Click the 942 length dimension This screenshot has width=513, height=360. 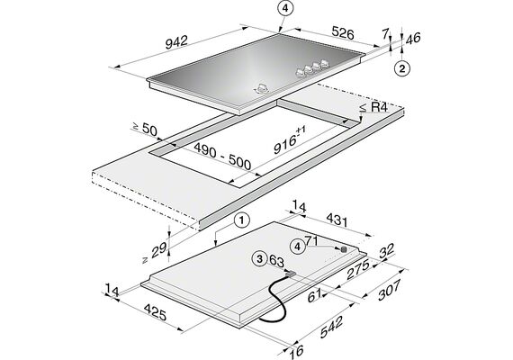176,42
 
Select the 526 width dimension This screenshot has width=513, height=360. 343,33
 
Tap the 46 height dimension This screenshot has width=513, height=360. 413,39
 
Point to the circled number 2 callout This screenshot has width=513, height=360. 402,68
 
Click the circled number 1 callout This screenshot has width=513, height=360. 241,220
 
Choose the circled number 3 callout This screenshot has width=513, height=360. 260,259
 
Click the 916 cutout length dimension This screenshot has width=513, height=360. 289,140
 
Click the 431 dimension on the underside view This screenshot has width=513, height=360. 337,220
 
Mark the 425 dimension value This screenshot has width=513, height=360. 156,312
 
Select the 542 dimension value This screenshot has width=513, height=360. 331,327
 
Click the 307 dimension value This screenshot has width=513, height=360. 389,290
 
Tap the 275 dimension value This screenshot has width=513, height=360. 358,269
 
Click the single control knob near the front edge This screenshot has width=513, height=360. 261,89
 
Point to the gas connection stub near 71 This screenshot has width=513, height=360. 344,249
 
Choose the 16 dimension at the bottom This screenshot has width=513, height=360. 296,351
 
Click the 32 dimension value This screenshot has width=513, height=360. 387,251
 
